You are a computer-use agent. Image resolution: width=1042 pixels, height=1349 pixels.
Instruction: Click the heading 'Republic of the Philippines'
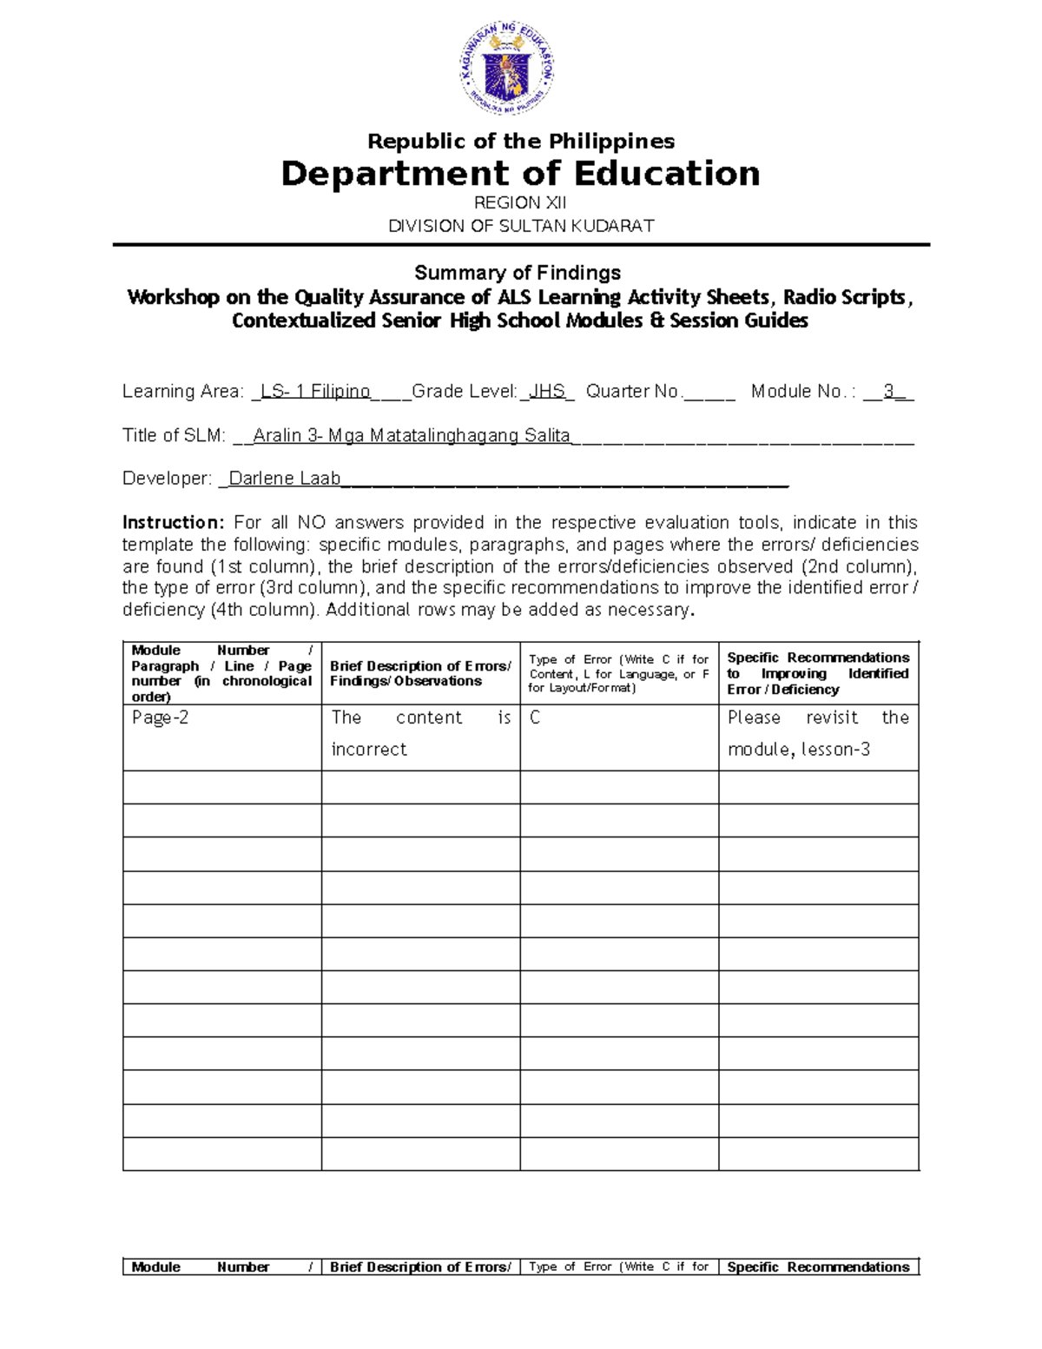tap(521, 141)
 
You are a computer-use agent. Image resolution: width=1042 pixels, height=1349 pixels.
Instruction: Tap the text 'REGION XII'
tap(520, 202)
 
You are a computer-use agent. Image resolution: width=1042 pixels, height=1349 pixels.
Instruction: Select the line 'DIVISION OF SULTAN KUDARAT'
tap(521, 226)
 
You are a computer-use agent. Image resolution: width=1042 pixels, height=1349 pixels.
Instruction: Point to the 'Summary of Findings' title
tap(518, 273)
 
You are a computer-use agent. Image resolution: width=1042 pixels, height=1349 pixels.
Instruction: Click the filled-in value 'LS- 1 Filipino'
tap(315, 391)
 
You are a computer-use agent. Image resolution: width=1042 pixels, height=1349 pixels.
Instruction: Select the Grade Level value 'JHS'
tap(547, 391)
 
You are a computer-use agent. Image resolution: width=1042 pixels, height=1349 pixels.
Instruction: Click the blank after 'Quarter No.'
tap(709, 393)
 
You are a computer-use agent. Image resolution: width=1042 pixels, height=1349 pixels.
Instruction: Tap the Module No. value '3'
tap(888, 391)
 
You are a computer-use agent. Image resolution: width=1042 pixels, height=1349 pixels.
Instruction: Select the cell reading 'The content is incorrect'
tap(421, 733)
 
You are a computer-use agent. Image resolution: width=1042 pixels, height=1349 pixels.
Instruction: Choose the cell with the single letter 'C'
tap(535, 717)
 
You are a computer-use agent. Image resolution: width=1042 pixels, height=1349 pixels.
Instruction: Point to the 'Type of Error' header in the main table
tap(618, 673)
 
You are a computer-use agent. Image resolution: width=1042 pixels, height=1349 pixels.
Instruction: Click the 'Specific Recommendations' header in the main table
tap(818, 673)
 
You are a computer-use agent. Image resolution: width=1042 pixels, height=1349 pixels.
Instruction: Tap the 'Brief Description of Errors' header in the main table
tap(420, 673)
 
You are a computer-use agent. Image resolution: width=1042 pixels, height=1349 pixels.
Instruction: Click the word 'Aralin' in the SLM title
tap(278, 435)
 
